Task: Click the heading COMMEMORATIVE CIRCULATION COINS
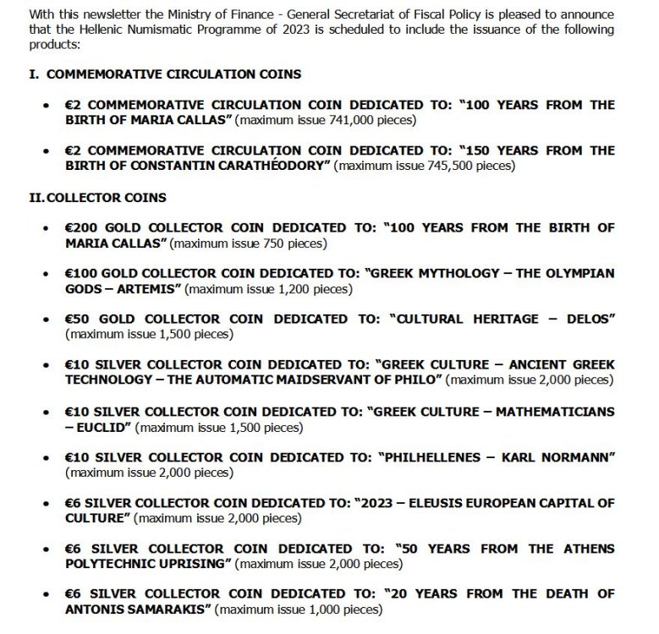173,74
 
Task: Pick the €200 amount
82,228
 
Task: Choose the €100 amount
82,274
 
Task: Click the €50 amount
80,320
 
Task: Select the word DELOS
586,320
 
